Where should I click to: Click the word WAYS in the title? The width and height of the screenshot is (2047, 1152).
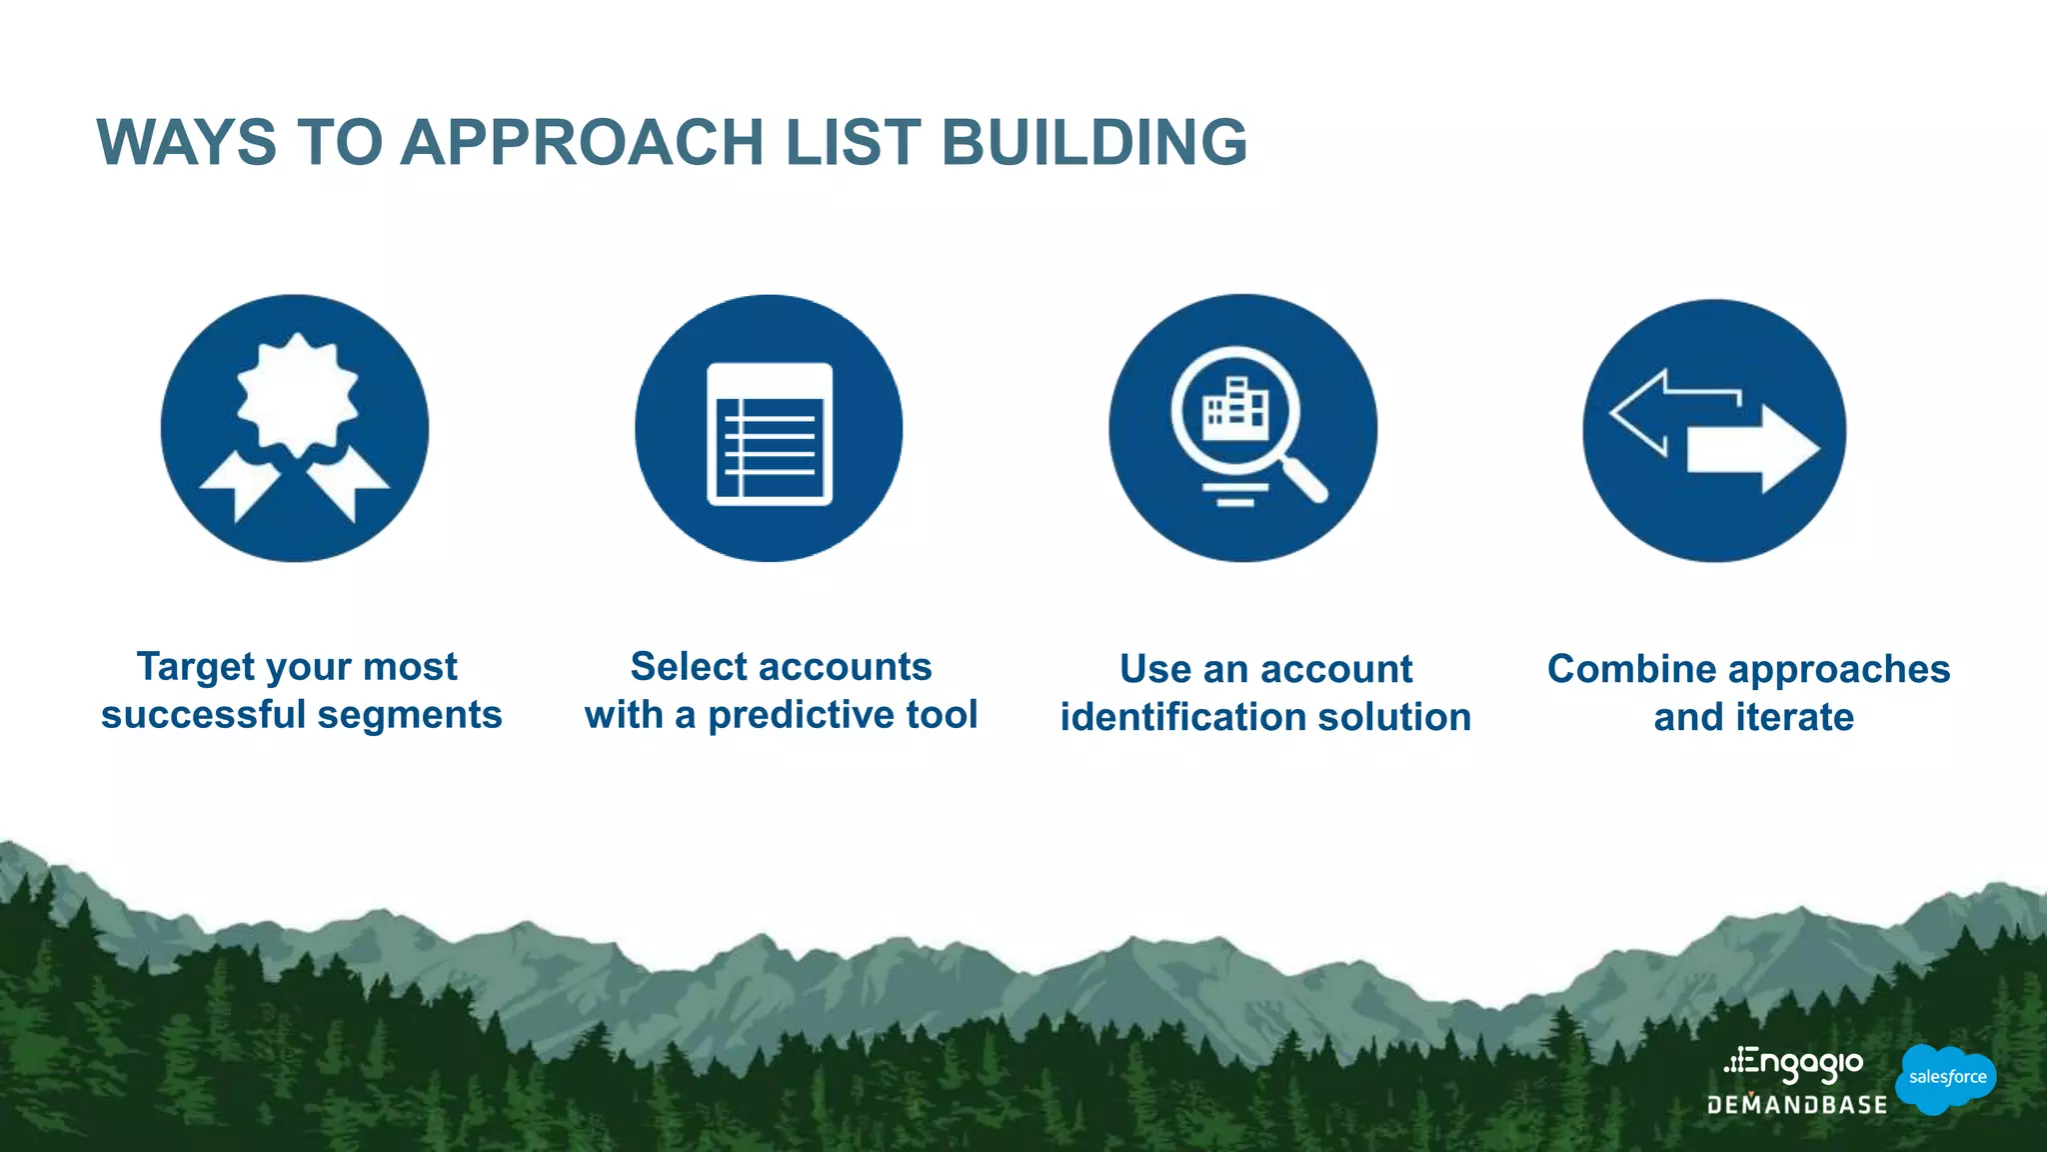pyautogui.click(x=186, y=142)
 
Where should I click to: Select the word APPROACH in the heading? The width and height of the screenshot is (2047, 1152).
pyautogui.click(x=582, y=142)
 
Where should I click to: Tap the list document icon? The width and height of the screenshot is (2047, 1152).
pyautogui.click(x=770, y=433)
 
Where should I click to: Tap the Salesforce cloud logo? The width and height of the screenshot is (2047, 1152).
pyautogui.click(x=1946, y=1078)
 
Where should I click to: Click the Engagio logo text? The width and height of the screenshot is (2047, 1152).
pyautogui.click(x=1794, y=1065)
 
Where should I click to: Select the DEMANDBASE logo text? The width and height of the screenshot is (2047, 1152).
pyautogui.click(x=1796, y=1105)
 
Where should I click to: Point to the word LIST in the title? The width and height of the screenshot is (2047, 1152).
pyautogui.click(x=853, y=142)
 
